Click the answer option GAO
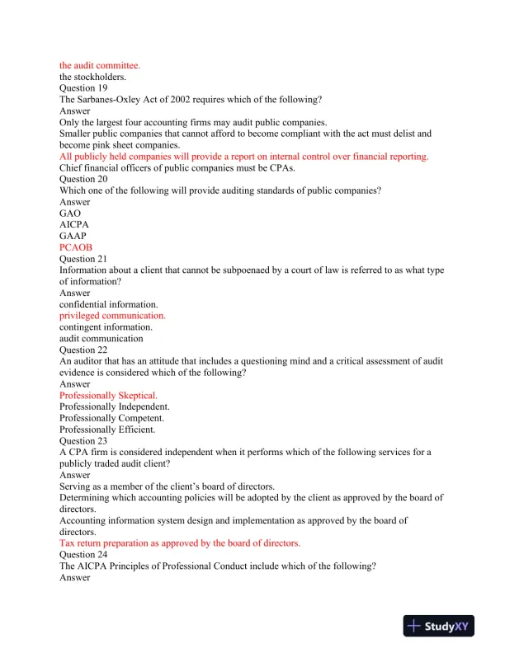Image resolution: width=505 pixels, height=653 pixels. tap(71, 213)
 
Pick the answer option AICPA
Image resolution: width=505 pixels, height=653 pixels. tap(74, 224)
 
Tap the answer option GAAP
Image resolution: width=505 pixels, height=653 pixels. tap(73, 236)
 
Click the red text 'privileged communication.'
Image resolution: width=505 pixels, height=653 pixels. tap(112, 316)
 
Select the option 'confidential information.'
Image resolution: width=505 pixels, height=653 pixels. tap(109, 304)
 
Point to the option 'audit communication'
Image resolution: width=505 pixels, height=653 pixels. tap(101, 338)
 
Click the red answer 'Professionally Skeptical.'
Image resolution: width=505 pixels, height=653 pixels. tap(108, 396)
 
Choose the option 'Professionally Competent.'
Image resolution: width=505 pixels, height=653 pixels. tap(111, 418)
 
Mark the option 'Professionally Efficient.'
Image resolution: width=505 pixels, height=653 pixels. tap(107, 430)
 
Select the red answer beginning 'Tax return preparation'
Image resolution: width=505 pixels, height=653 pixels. tap(180, 543)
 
